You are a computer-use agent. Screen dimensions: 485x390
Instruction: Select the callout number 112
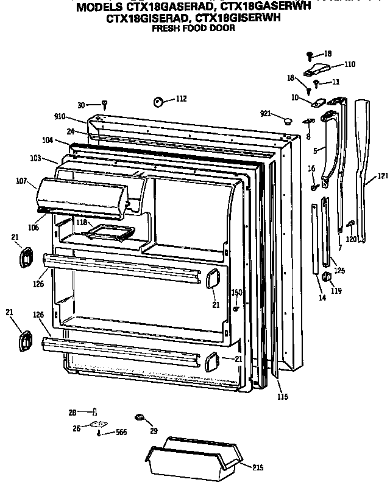click(x=181, y=99)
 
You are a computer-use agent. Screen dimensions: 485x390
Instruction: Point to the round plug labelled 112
click(x=158, y=101)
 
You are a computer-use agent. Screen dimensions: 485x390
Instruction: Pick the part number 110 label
click(x=349, y=64)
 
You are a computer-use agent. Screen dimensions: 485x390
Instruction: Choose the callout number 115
click(x=282, y=397)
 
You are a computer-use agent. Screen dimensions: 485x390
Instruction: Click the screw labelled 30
click(x=104, y=106)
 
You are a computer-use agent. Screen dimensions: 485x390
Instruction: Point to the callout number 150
click(x=236, y=293)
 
